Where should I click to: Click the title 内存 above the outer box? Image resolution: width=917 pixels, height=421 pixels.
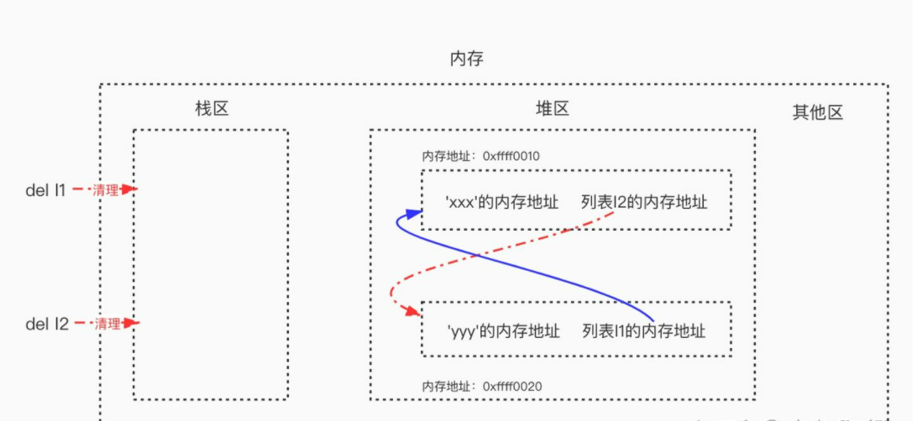pos(466,59)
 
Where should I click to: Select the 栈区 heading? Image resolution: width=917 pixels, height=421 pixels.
pos(211,108)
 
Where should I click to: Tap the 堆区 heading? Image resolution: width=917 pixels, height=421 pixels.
pos(553,108)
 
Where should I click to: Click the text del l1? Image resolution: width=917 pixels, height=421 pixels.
pos(45,190)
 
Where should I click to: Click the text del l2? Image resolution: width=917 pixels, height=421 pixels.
pos(47,324)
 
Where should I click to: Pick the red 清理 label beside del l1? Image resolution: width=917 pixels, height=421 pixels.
pos(106,190)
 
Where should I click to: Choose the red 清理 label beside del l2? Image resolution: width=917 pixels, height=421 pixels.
pos(106,324)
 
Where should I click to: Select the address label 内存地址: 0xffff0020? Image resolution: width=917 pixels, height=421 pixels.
pos(481,387)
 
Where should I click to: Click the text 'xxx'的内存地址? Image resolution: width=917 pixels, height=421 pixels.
pos(502,202)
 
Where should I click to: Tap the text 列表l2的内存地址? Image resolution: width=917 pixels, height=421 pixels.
pos(643,202)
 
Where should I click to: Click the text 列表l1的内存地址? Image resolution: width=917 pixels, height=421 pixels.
pos(643,332)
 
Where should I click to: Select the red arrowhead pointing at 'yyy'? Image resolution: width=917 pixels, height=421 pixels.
pos(412,311)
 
